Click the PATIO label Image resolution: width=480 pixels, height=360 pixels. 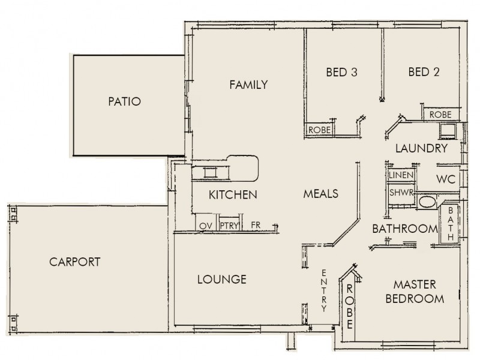[125, 101]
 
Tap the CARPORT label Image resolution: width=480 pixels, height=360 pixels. [74, 262]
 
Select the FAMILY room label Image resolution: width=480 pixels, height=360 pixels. [248, 85]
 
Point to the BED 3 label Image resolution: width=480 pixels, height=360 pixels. [341, 72]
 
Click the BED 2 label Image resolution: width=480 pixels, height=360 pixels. [424, 72]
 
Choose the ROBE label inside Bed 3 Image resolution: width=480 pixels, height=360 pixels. [320, 130]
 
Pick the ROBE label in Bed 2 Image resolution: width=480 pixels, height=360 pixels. [440, 115]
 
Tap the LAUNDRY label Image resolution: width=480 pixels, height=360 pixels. [422, 148]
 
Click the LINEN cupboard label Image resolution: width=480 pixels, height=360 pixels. [401, 175]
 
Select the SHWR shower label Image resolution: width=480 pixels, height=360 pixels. [401, 193]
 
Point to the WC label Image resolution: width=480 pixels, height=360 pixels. [446, 179]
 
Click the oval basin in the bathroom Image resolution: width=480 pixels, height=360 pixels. [427, 202]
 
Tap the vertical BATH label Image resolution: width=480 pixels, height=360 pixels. [451, 224]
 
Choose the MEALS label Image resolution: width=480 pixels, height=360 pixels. [321, 194]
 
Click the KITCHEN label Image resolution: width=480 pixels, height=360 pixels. [233, 194]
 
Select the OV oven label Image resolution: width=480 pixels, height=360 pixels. [206, 226]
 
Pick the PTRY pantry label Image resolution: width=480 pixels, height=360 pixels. [229, 226]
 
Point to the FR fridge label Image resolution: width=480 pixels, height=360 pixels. [256, 226]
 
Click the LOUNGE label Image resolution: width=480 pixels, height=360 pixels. [222, 280]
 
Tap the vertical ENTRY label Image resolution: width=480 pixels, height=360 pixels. [324, 290]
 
